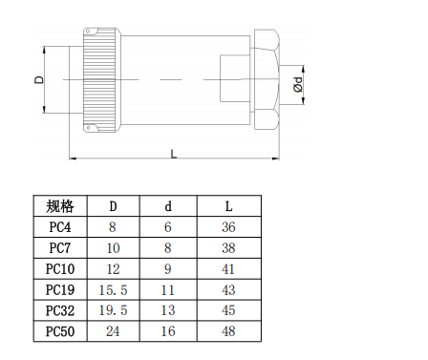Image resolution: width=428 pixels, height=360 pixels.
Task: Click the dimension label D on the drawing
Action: [x=39, y=80]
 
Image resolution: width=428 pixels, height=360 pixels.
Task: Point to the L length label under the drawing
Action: [x=173, y=153]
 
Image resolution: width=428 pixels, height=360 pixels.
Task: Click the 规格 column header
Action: [x=59, y=206]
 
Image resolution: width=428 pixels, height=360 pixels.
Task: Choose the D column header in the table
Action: [x=113, y=206]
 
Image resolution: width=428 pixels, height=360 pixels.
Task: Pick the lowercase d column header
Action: [x=169, y=206]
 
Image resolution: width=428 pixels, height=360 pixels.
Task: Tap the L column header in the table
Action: [x=228, y=206]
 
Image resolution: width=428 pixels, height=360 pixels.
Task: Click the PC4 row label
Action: [x=59, y=227]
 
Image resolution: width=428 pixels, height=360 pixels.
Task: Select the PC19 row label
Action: [x=59, y=289]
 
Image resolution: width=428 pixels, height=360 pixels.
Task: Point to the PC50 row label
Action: [x=59, y=331]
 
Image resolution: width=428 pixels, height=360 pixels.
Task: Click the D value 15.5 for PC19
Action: [x=113, y=289]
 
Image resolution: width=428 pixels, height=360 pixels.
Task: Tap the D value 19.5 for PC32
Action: [x=113, y=310]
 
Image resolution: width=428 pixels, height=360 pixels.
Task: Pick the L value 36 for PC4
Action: [x=228, y=227]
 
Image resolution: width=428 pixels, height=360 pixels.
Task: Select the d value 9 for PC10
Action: [x=169, y=268]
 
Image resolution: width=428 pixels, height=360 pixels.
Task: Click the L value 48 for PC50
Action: [x=228, y=331]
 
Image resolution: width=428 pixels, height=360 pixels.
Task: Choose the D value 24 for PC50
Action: [x=113, y=331]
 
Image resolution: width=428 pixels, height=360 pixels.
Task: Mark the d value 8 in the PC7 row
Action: [x=169, y=247]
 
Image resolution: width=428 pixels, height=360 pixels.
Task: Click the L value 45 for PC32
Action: [x=228, y=310]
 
